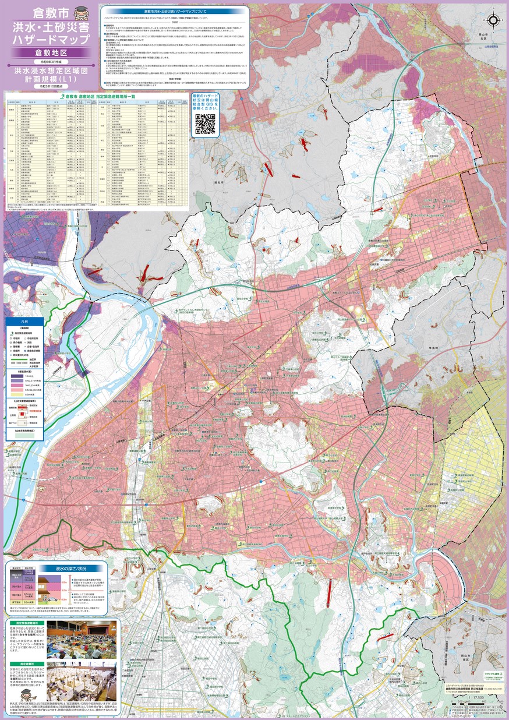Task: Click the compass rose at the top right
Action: coord(493,20)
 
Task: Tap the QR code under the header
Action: coord(204,123)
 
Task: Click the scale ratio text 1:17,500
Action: coord(466,697)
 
